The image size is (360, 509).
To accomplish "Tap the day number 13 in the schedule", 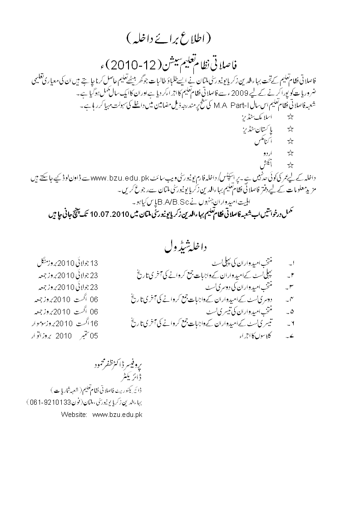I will click(x=94, y=263).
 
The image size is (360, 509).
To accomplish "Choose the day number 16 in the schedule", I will click(x=94, y=324).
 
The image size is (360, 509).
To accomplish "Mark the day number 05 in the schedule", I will click(x=94, y=337).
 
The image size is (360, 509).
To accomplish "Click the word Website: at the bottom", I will click(x=74, y=414).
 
